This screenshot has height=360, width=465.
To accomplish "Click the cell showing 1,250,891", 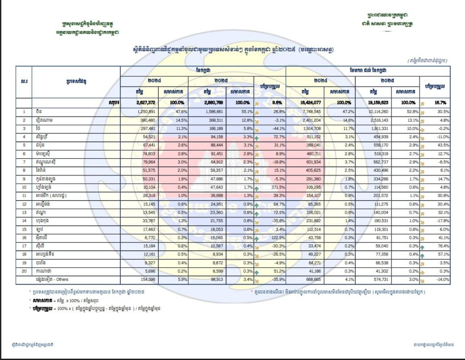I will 146,111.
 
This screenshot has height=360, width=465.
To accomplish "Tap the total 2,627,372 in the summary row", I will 146,103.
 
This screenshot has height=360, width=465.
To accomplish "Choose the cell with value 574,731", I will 376,280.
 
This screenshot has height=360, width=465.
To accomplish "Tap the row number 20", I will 24,271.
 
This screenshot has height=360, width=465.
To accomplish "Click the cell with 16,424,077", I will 308,103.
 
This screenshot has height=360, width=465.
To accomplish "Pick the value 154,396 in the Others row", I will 147,280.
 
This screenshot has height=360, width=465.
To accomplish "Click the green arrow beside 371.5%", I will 257,187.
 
